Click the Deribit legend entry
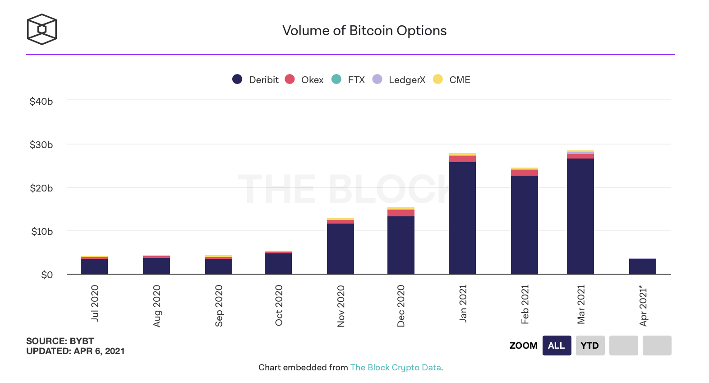tap(256, 79)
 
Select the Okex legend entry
tap(304, 79)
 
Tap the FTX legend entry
tap(348, 79)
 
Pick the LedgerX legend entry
tap(399, 79)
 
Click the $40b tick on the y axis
tap(41, 102)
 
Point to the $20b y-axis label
tap(41, 188)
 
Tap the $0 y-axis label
tap(47, 275)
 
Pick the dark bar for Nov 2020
tap(340, 248)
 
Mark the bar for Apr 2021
tap(642, 266)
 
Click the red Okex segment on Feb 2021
tap(524, 173)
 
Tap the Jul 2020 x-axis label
tap(95, 303)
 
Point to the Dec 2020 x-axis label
tap(401, 306)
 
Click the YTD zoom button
tap(590, 346)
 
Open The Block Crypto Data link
tap(396, 367)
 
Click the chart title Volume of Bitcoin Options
tap(364, 31)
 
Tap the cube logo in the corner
tap(42, 29)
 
